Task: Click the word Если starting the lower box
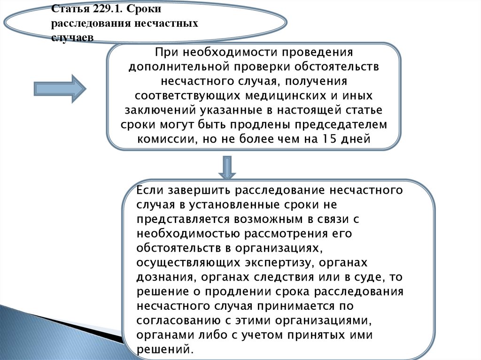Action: [149, 190]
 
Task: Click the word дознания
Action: [163, 277]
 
